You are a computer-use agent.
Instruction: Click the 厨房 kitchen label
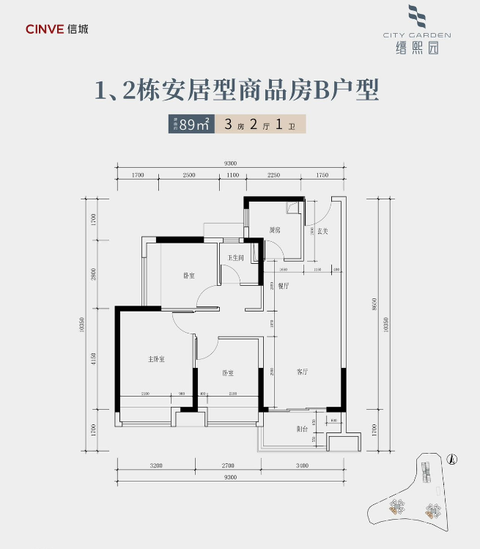[x=275, y=230]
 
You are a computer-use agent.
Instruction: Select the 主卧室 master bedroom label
[x=157, y=359]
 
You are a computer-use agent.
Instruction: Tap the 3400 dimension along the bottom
[x=300, y=465]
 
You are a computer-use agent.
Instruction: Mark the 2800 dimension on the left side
[x=95, y=274]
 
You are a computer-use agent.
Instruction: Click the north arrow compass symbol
[x=452, y=459]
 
